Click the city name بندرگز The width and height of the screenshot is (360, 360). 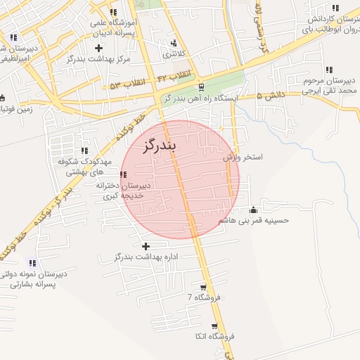tap(160, 146)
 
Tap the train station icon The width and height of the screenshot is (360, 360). tap(202, 87)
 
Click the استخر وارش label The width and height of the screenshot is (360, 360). tap(243, 157)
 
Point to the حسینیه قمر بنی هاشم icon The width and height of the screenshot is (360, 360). tap(254, 210)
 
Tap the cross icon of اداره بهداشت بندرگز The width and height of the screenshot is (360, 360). tap(146, 246)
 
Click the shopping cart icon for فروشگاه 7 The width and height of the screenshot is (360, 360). tap(203, 287)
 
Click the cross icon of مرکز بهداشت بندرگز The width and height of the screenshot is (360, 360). tap(98, 49)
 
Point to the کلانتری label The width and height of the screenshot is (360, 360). tap(175, 54)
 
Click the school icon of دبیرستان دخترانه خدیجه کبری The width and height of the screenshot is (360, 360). tap(124, 174)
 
